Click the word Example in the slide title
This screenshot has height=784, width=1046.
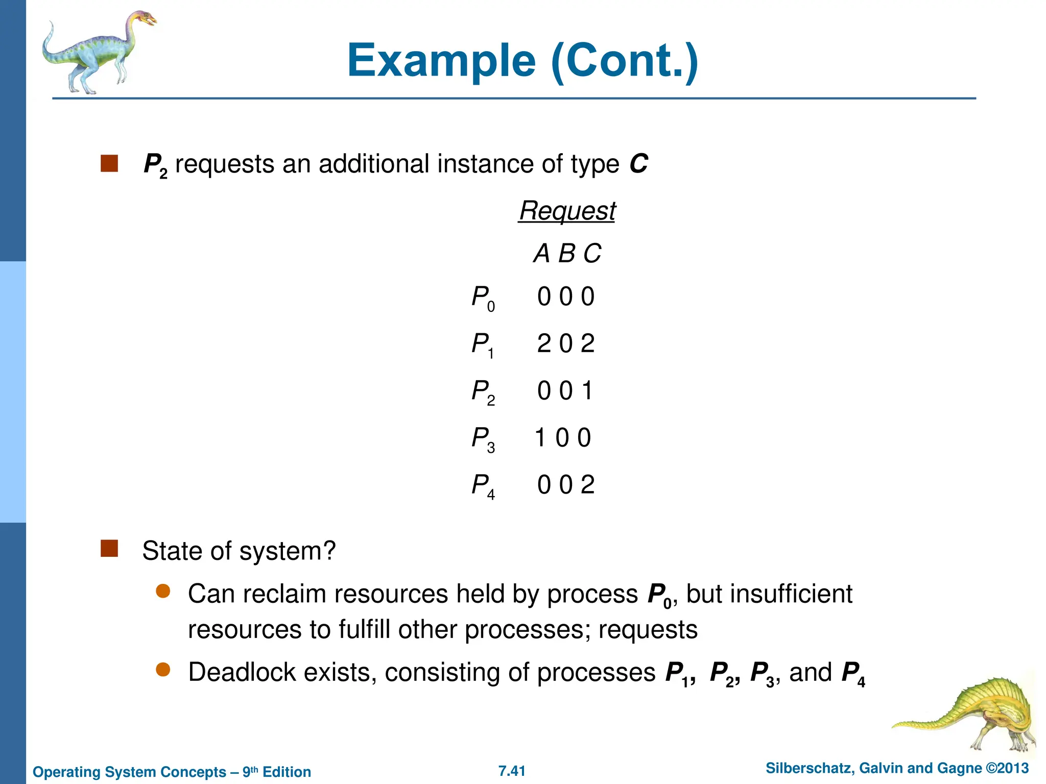coord(441,61)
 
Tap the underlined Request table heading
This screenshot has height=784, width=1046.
coord(567,211)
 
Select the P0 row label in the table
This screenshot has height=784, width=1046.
coord(483,298)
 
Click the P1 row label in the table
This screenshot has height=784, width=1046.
coord(483,345)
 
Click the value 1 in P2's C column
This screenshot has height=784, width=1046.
coord(587,391)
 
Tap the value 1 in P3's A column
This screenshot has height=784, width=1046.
coord(540,438)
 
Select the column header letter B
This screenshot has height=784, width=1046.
coord(566,254)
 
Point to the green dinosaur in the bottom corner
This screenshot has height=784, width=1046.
coord(970,715)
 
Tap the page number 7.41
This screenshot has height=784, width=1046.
coord(512,771)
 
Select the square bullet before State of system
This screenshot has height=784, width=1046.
coord(109,549)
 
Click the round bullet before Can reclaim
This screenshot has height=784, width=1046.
coord(163,592)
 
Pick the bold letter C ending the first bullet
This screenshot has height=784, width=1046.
coord(638,164)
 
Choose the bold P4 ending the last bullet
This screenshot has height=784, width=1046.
coord(853,674)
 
